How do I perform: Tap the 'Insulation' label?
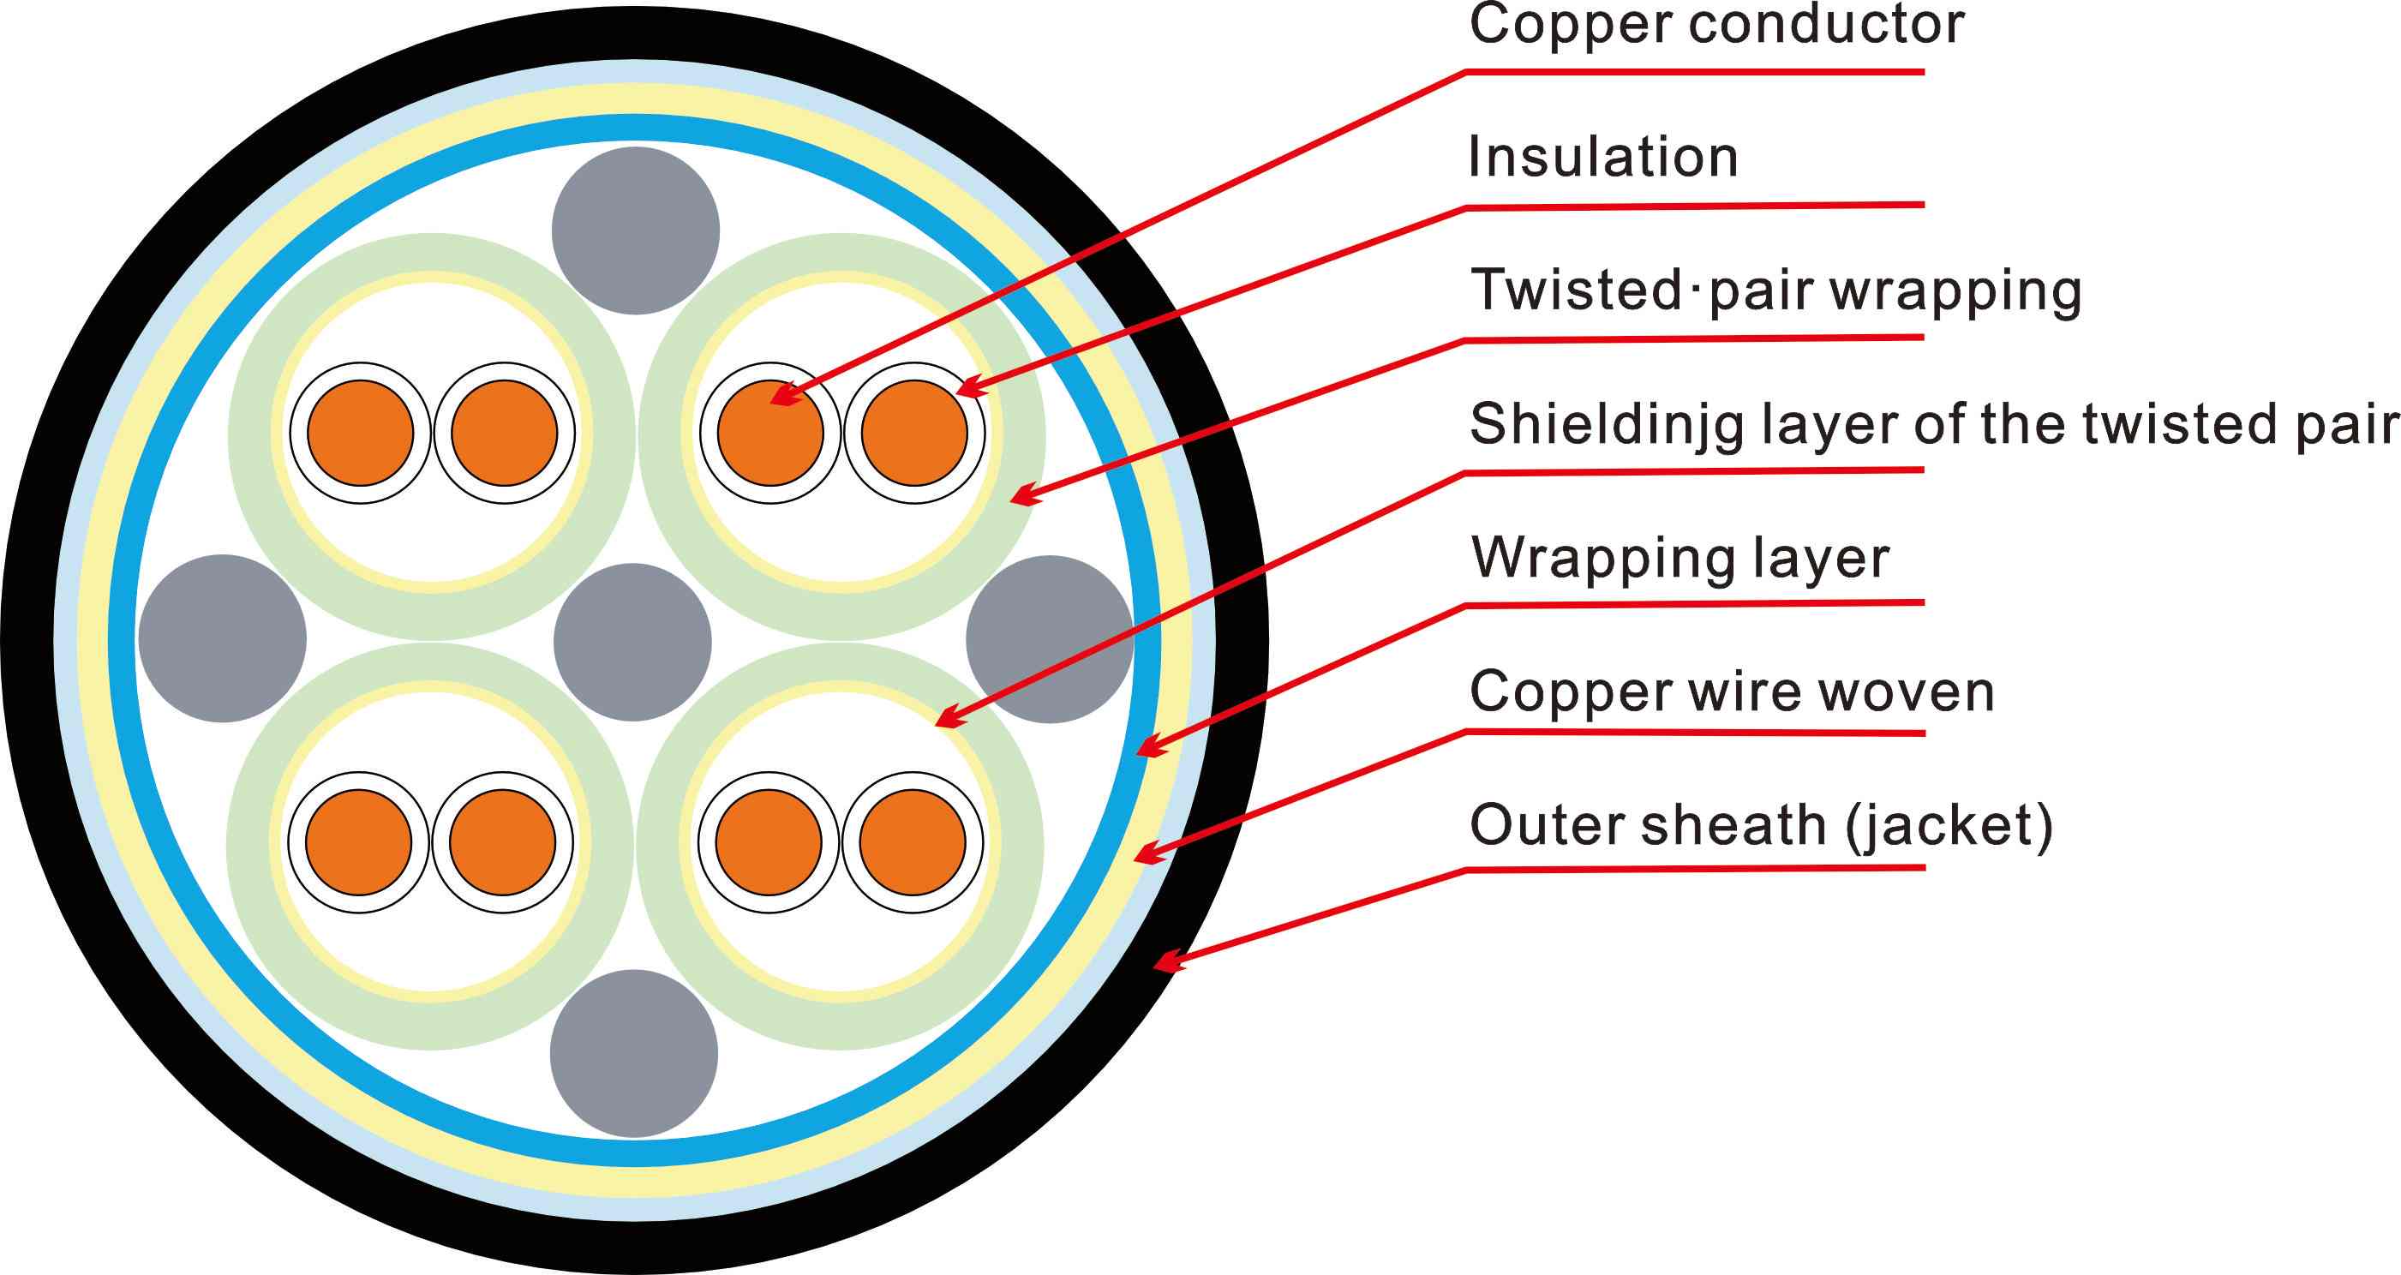(1603, 157)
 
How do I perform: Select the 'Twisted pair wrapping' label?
(1775, 290)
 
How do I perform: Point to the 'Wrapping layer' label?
(1680, 557)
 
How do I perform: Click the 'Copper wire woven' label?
(1732, 691)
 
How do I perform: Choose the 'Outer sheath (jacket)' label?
(1761, 826)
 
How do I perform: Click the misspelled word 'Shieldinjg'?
(1607, 424)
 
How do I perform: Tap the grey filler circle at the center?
(633, 642)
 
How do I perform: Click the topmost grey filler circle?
(636, 230)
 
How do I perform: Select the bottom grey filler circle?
(634, 1053)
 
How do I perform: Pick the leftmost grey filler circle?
(222, 638)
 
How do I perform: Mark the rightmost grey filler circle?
(1050, 639)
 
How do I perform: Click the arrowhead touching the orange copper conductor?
(785, 395)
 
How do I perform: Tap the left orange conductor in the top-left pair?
(360, 433)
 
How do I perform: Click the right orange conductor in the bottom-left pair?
(503, 842)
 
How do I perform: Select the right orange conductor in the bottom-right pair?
(913, 842)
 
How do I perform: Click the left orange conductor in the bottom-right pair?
(769, 842)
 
